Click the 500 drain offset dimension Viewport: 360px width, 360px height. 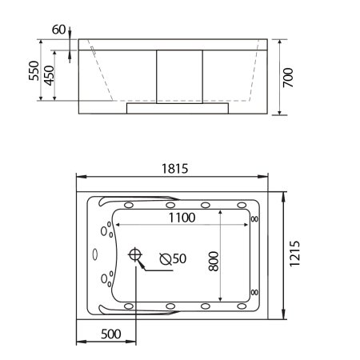pyautogui.click(x=111, y=333)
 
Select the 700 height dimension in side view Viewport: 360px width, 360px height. pyautogui.click(x=289, y=77)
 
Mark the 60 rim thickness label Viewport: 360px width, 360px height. pyautogui.click(x=58, y=30)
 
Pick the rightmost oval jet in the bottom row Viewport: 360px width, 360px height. pyautogui.click(x=238, y=306)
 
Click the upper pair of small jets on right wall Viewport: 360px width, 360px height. pyautogui.click(x=254, y=218)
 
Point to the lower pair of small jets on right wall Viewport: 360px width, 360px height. pyautogui.click(x=254, y=292)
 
